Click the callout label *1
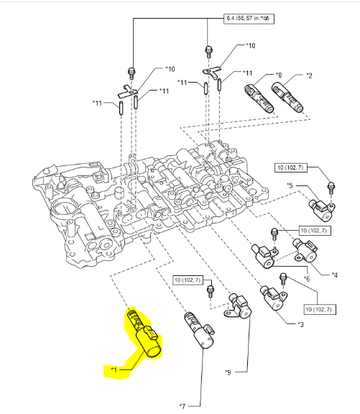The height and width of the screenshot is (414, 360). [114, 369]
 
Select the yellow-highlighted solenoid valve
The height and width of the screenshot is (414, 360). [144, 333]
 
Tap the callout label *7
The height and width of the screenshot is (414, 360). [183, 406]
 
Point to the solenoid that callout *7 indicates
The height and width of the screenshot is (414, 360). [200, 330]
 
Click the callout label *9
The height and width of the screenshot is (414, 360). [228, 372]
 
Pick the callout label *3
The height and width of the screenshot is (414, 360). [300, 324]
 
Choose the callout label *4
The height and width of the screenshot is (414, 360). [334, 275]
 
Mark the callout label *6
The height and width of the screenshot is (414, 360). [306, 279]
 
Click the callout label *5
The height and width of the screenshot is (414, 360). [290, 185]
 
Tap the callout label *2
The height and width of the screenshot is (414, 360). [309, 75]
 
